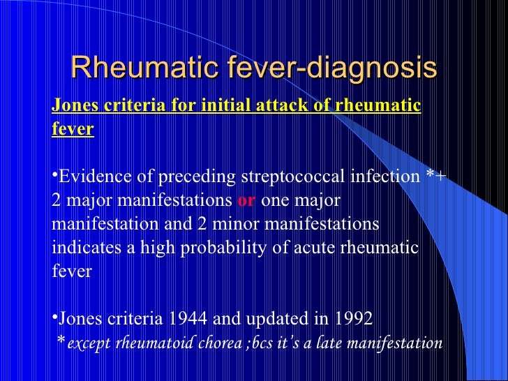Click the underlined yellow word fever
tap(73, 130)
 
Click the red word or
tap(247, 201)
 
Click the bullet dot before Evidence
tap(54, 174)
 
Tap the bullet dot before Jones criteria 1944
tap(54, 315)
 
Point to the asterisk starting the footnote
tap(61, 341)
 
